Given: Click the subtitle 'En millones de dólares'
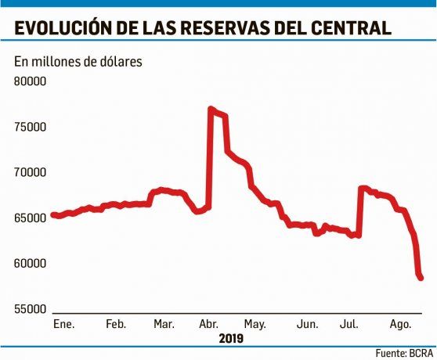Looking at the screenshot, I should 78,62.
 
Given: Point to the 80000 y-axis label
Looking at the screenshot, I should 31,81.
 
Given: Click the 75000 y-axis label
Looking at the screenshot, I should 31,127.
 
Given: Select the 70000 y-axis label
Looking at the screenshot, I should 31,172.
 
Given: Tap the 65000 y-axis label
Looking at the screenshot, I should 31,218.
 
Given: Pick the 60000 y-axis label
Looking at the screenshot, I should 31,264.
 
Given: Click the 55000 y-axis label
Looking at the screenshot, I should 31,309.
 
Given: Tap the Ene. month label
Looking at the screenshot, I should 63,323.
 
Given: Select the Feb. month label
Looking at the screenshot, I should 115,323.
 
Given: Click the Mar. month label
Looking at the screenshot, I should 164,323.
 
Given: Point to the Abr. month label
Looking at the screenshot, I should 209,323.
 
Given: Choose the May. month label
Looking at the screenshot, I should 255,323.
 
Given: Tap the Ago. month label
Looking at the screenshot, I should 399,323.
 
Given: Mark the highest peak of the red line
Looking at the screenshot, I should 211,109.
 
